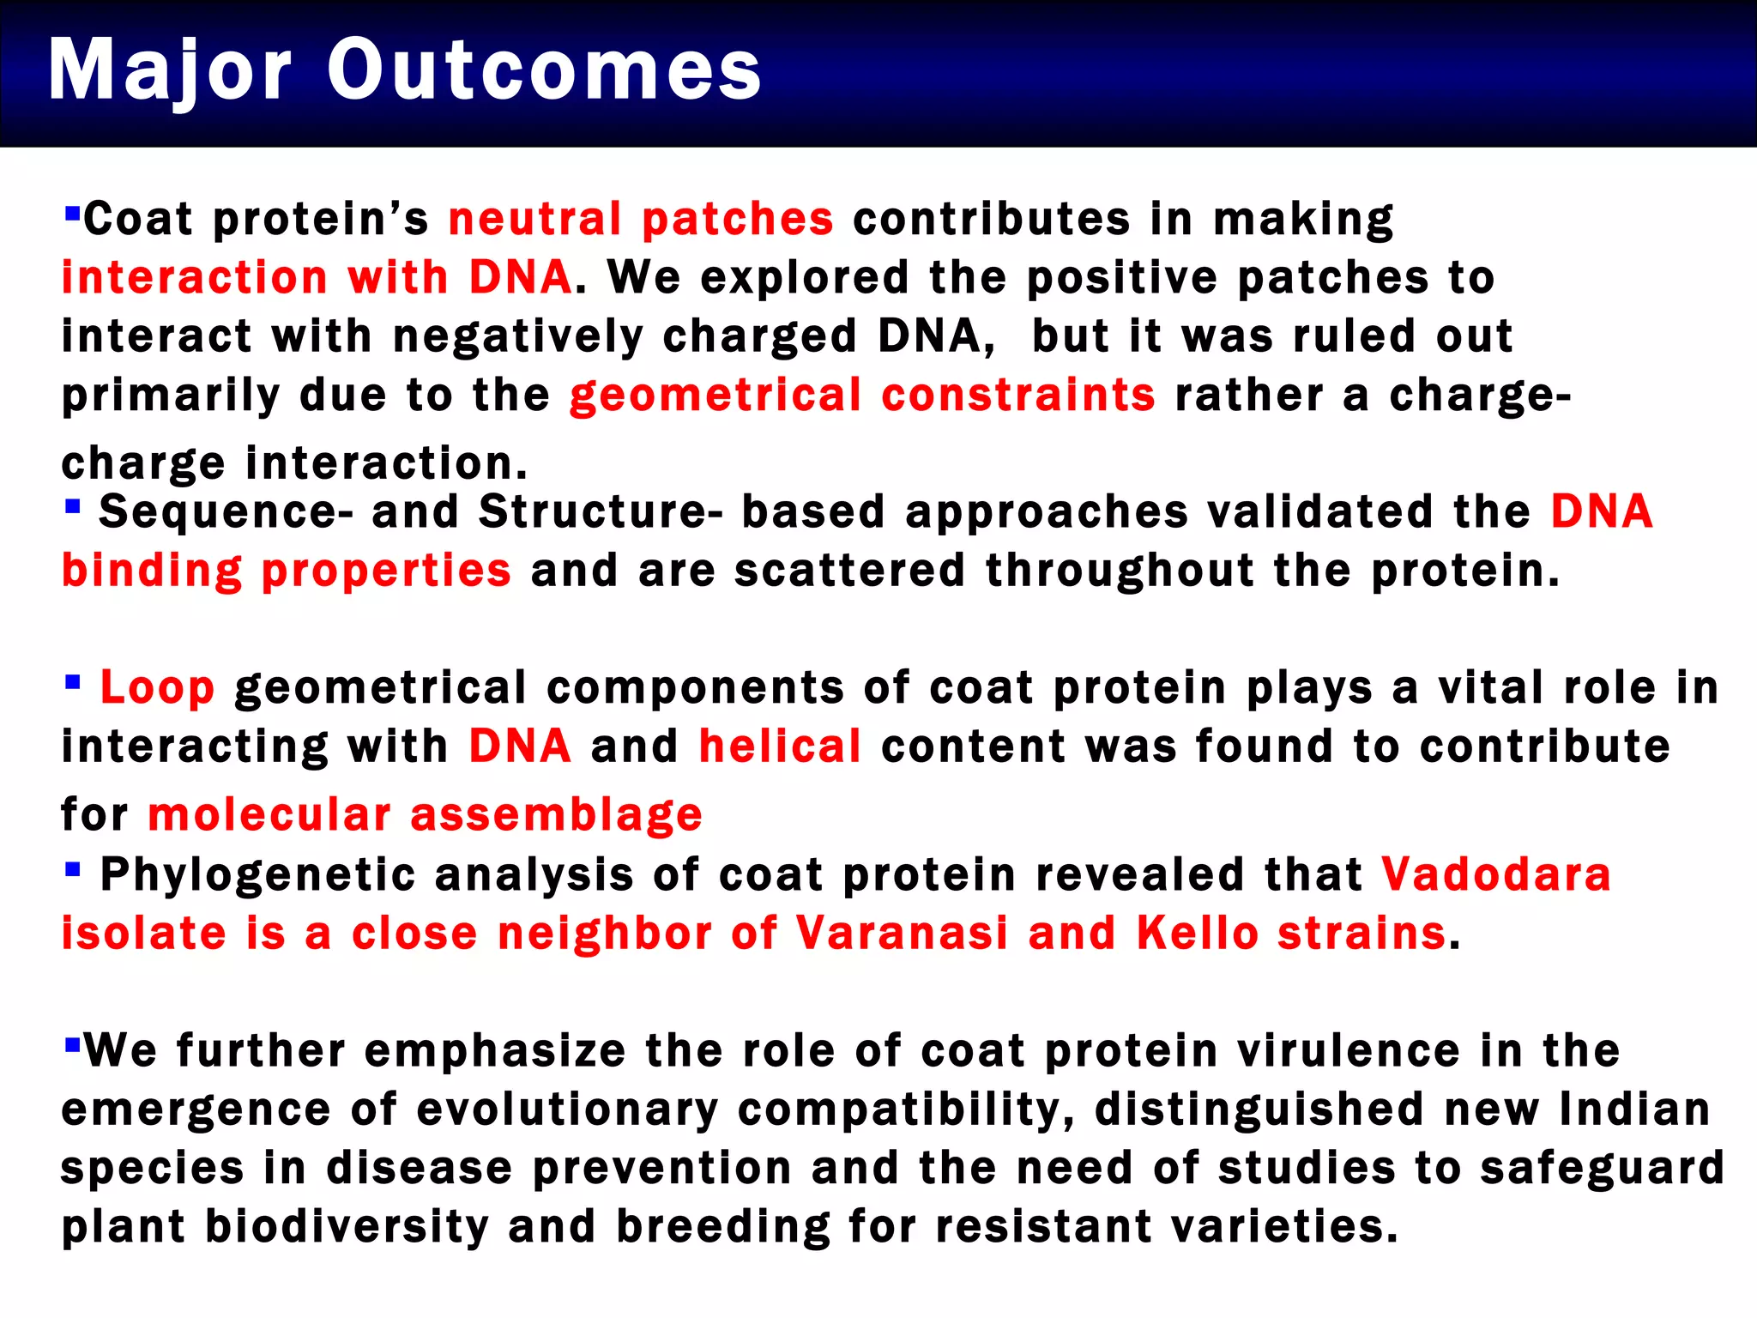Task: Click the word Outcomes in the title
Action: [544, 70]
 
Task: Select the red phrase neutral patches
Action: [640, 219]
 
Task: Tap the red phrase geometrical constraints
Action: [862, 396]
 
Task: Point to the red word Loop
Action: [157, 688]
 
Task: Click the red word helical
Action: [779, 747]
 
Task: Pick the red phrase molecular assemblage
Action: [425, 814]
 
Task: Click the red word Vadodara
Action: [1495, 875]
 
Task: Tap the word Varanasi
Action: [901, 934]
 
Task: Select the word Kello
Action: [1197, 934]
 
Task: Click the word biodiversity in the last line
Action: [346, 1226]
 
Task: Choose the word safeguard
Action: [1602, 1169]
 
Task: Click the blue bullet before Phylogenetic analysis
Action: [73, 870]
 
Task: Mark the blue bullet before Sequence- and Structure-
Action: [73, 506]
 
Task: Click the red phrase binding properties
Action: [286, 571]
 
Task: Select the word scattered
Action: [849, 571]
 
